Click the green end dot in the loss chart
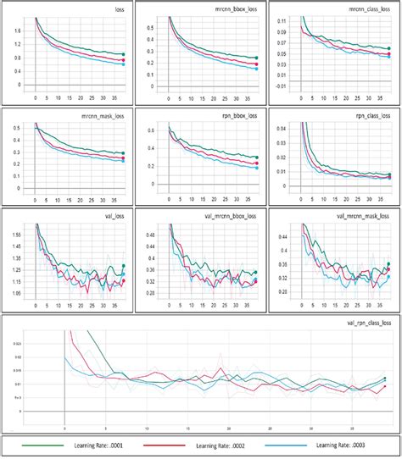tap(124, 54)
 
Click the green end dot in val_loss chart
tap(124, 265)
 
